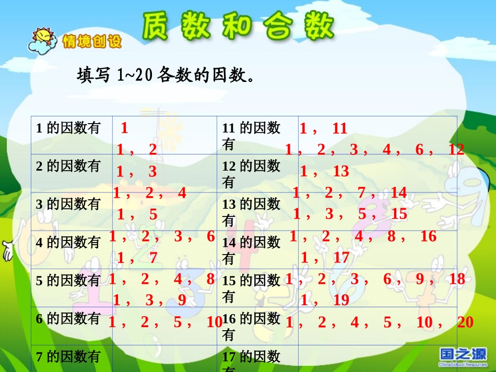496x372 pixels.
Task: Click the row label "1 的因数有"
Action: (x=67, y=128)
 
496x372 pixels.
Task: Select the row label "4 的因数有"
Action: (x=67, y=243)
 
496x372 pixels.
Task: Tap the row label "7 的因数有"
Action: (x=67, y=357)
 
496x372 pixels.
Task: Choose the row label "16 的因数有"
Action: (x=251, y=327)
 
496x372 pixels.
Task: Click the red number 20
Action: (x=465, y=322)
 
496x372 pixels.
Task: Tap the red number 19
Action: (x=341, y=300)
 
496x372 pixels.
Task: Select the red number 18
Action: (x=457, y=279)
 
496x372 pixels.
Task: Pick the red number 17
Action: (x=341, y=257)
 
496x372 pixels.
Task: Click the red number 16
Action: (x=428, y=236)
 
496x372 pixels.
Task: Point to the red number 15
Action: (x=399, y=214)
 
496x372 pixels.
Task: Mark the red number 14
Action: (x=398, y=193)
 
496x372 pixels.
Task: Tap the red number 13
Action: (x=341, y=171)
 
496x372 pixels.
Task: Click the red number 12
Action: (x=456, y=150)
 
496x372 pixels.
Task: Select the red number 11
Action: (x=339, y=128)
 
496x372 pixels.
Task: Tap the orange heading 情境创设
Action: (x=91, y=42)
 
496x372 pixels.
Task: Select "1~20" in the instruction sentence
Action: (x=134, y=76)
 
